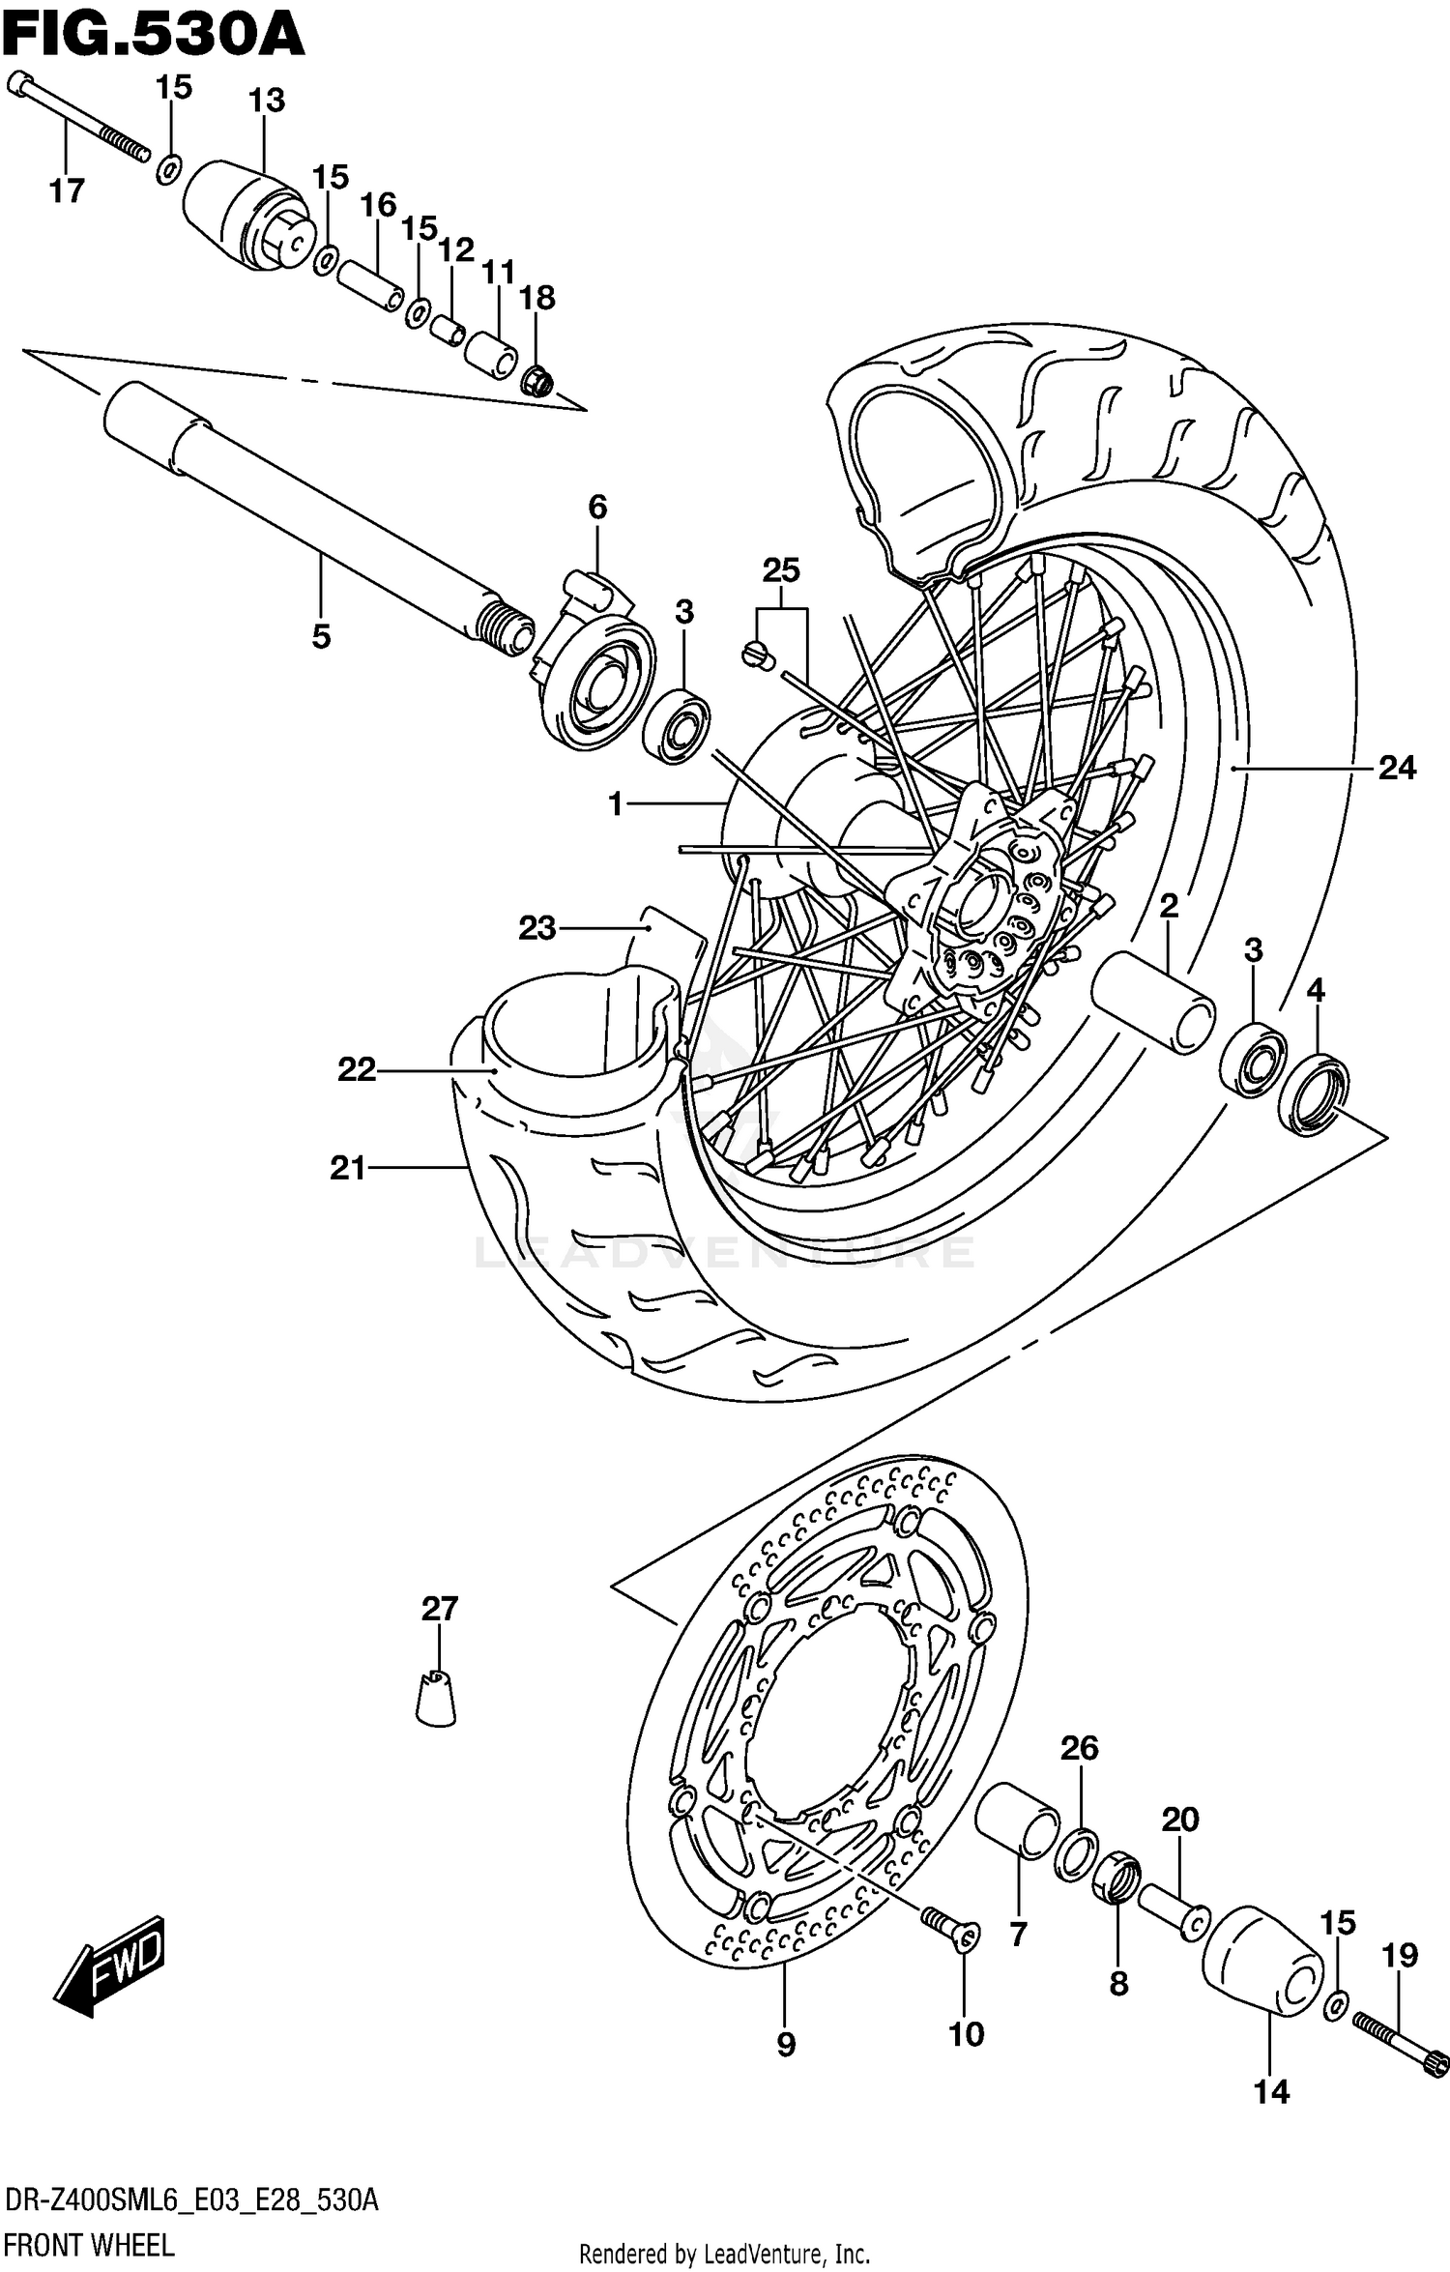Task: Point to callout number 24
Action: pyautogui.click(x=1396, y=768)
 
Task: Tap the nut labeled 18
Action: pyautogui.click(x=537, y=383)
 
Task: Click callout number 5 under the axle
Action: pyautogui.click(x=321, y=636)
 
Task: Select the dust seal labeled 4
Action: pyautogui.click(x=1313, y=1096)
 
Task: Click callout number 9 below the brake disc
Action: pyautogui.click(x=786, y=2044)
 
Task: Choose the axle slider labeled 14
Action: pyautogui.click(x=1261, y=1962)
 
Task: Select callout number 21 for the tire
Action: pyautogui.click(x=348, y=1169)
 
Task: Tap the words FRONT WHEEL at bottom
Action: pyautogui.click(x=90, y=2245)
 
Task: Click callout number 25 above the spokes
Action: pyautogui.click(x=781, y=570)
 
